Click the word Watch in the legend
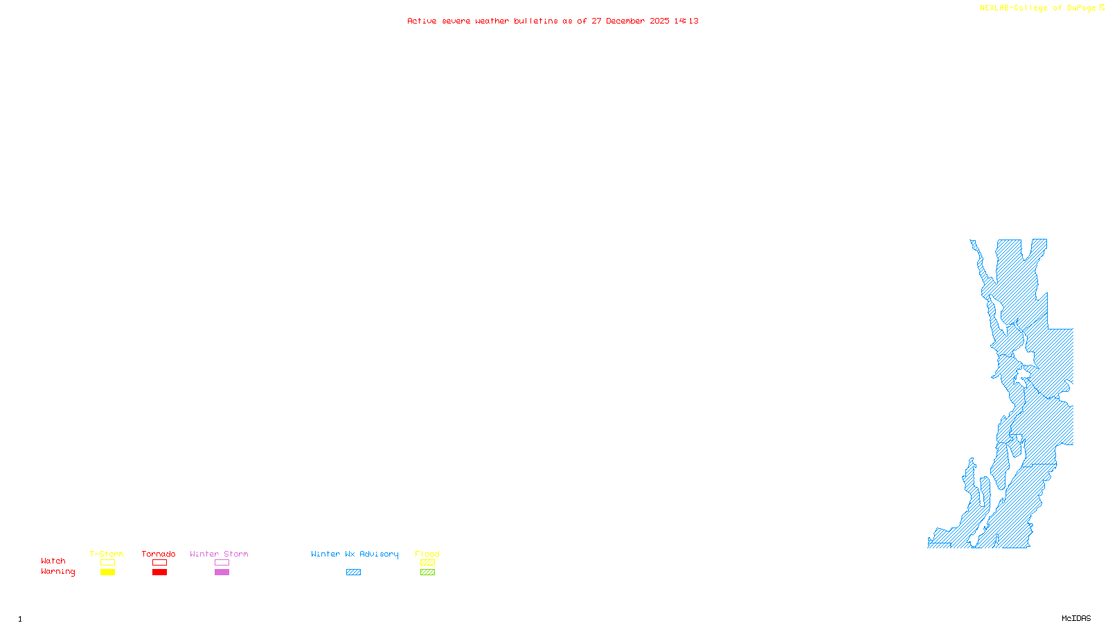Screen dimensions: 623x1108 click(53, 561)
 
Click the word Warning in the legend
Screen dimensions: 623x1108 click(58, 572)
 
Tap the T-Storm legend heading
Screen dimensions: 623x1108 click(107, 554)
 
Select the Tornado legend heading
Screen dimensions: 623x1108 click(159, 554)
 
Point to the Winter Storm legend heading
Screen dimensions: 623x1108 click(219, 554)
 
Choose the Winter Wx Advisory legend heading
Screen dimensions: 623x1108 click(355, 554)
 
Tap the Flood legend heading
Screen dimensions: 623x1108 click(427, 554)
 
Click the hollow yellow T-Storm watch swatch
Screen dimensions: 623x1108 click(107, 563)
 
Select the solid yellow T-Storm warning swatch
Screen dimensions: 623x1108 click(107, 572)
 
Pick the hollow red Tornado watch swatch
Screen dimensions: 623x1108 click(159, 563)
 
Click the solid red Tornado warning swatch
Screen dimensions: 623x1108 click(159, 572)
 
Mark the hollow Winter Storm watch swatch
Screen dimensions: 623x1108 click(222, 563)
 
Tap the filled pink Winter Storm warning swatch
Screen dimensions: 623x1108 click(222, 572)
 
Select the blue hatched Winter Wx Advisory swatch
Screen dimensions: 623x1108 click(353, 572)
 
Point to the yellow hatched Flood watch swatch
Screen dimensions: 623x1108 click(427, 563)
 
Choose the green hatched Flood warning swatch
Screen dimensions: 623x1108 click(427, 572)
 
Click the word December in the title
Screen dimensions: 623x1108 click(625, 21)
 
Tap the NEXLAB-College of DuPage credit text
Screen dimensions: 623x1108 click(1038, 8)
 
